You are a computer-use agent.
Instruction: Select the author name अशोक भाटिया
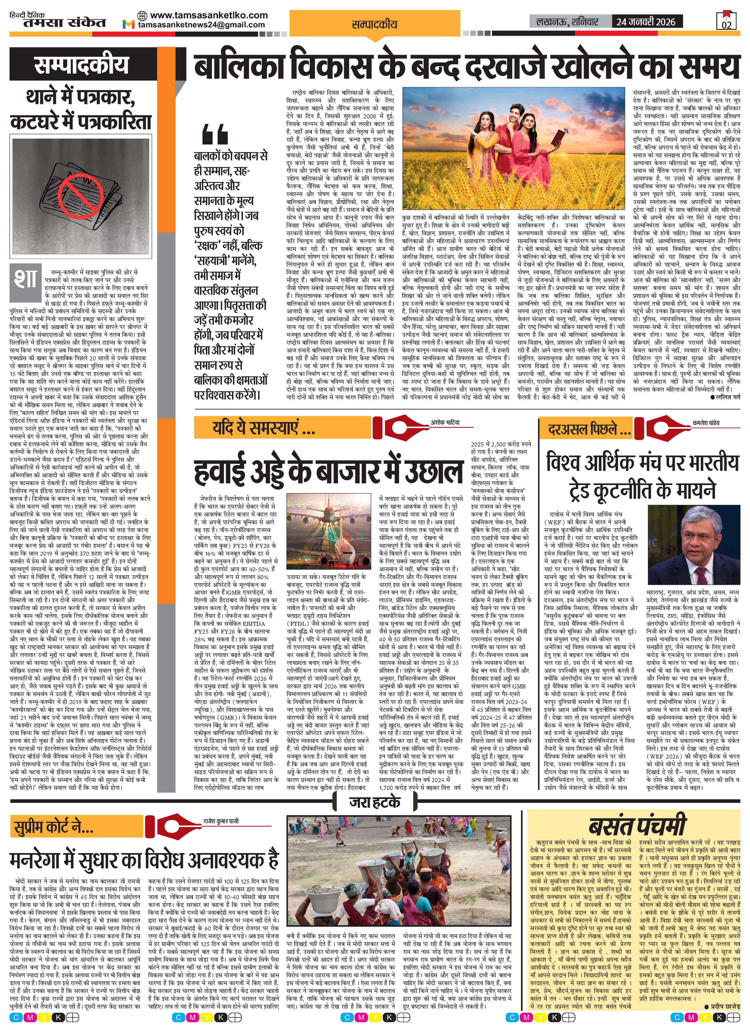445,422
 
